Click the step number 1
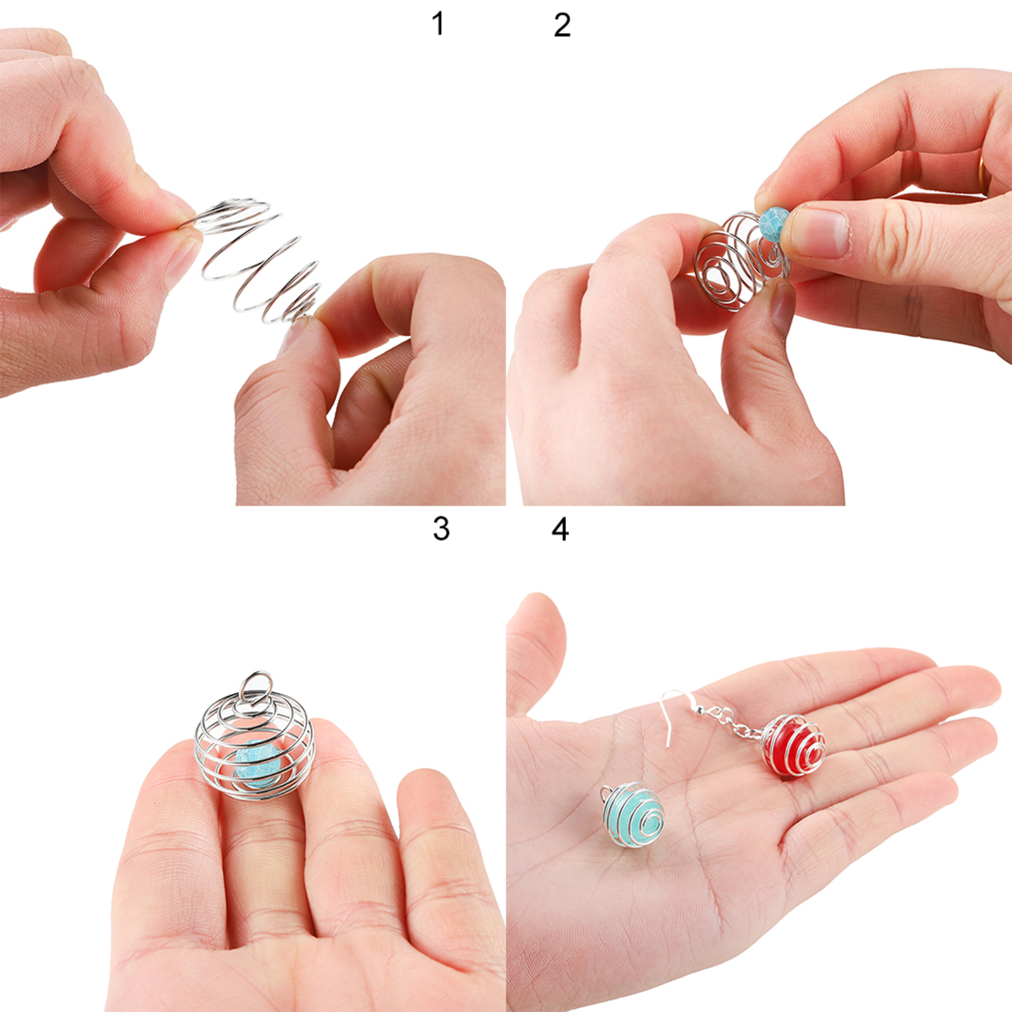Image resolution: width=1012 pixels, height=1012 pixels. [438, 24]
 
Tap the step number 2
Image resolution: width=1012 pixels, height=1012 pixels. [562, 25]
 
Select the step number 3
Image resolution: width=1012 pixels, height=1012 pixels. [441, 528]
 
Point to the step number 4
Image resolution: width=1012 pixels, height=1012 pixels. [560, 529]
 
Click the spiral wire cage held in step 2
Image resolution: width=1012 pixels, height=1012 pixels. [740, 261]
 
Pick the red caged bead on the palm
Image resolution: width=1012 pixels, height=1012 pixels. [794, 746]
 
